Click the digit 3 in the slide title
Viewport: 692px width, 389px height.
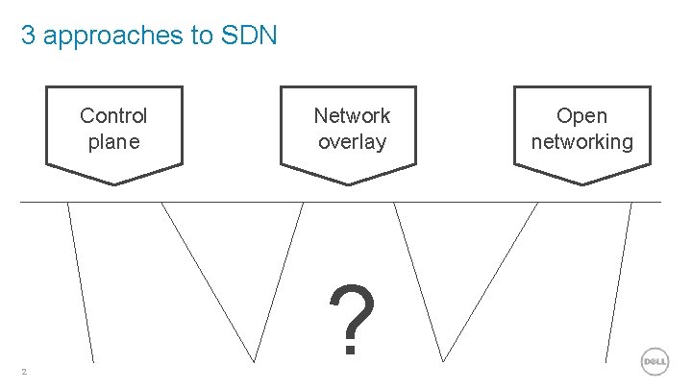[x=29, y=36]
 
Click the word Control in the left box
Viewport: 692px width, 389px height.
[x=113, y=116]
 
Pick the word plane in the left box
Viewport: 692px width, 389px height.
[x=113, y=142]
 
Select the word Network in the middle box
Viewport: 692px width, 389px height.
[x=352, y=116]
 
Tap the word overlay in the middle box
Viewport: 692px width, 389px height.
[x=352, y=142]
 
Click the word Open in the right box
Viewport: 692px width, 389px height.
[x=582, y=116]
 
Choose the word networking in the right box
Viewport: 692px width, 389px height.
[x=582, y=142]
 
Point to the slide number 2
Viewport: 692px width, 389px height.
[x=24, y=373]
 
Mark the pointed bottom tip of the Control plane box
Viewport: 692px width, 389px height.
[x=113, y=182]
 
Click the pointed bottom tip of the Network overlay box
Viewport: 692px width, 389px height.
[x=352, y=182]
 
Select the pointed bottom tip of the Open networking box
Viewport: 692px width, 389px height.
[x=582, y=182]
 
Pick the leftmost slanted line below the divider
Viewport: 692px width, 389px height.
[x=81, y=283]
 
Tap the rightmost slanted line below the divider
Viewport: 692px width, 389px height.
[x=620, y=283]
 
